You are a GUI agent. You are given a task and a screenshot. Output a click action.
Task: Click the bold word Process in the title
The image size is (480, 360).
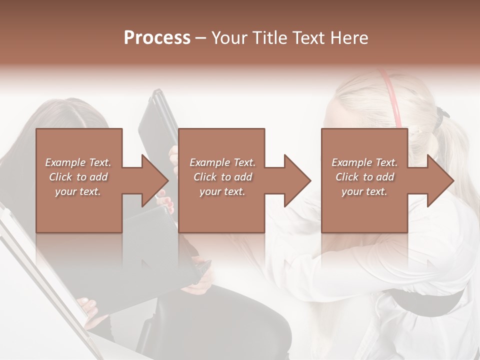(x=157, y=38)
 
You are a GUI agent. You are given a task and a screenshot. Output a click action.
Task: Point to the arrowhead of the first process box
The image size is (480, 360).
(x=154, y=180)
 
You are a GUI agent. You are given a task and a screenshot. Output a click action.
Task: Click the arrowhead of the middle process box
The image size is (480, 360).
(x=296, y=180)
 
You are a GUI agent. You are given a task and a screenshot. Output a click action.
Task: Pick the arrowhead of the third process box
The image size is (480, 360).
(x=439, y=180)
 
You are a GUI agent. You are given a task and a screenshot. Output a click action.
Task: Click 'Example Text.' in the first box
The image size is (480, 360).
(x=78, y=162)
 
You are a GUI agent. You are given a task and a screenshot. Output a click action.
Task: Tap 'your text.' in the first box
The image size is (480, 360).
(x=78, y=191)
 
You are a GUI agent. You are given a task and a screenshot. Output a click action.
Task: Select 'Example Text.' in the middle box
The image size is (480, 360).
(x=222, y=162)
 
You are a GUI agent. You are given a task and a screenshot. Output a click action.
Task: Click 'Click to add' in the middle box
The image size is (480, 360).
(x=222, y=177)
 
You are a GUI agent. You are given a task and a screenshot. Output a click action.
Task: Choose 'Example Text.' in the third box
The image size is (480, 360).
(x=364, y=162)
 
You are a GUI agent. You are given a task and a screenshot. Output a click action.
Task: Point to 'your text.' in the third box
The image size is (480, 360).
(x=364, y=191)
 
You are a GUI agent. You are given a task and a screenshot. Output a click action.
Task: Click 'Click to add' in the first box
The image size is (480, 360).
(x=78, y=177)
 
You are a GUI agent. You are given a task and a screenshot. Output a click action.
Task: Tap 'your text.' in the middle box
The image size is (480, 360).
(x=222, y=191)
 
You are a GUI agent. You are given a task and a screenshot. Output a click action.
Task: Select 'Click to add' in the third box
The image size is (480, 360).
(x=364, y=177)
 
